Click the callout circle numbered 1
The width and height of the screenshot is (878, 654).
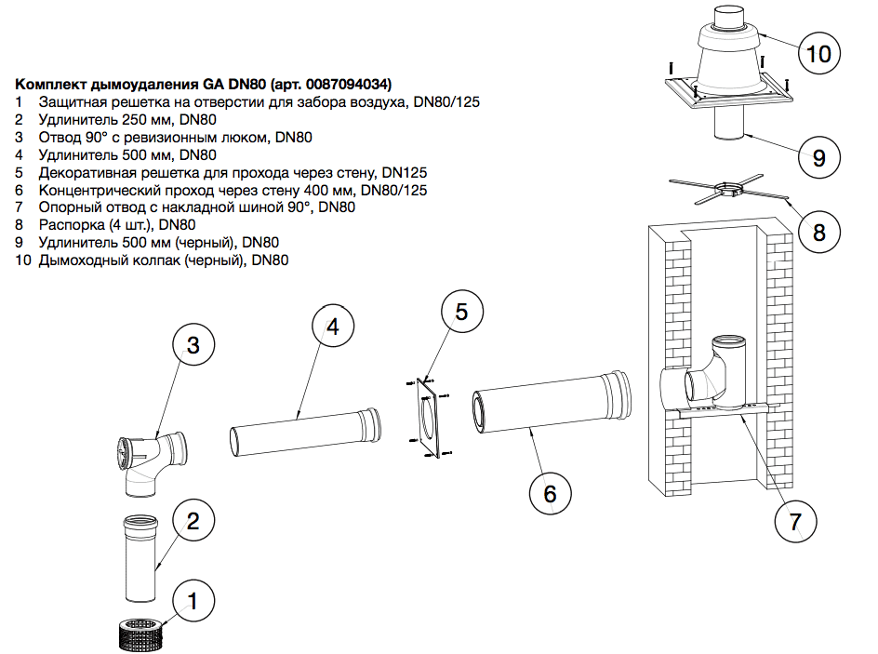pos(193,602)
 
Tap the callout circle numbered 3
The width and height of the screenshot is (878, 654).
pos(193,346)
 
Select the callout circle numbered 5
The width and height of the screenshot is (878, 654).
pos(463,311)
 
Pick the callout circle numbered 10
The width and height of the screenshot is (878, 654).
pos(818,53)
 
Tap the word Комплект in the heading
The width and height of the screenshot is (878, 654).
pos(53,83)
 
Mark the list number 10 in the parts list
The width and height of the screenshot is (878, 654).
pos(23,260)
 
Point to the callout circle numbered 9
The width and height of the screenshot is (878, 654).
pos(818,157)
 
